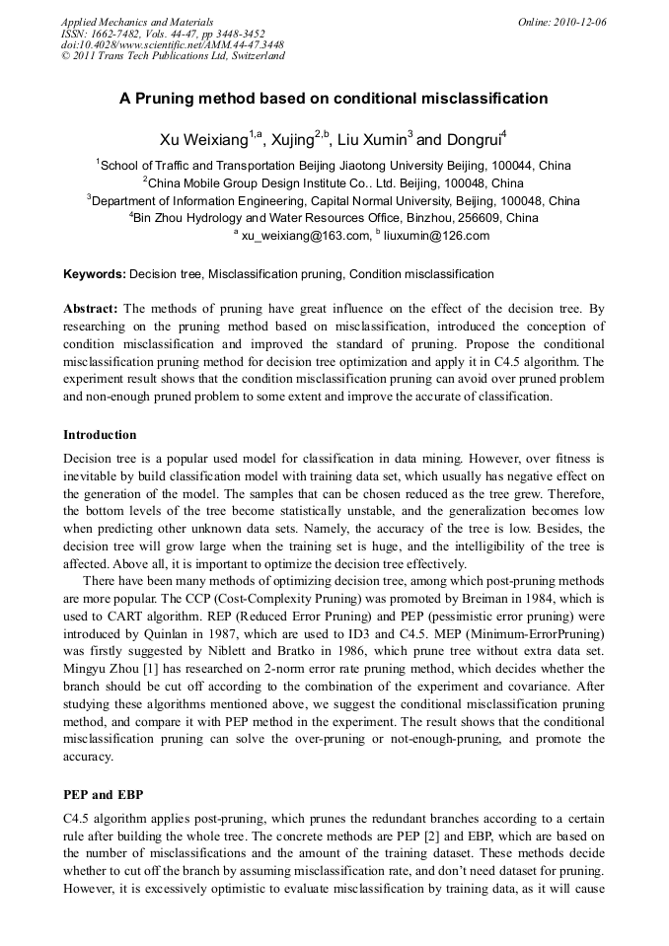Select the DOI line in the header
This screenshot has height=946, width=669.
click(173, 44)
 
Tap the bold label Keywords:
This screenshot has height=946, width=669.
click(95, 273)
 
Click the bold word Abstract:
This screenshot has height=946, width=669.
click(91, 308)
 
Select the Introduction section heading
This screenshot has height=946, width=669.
click(100, 435)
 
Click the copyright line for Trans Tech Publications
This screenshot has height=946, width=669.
click(173, 56)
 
